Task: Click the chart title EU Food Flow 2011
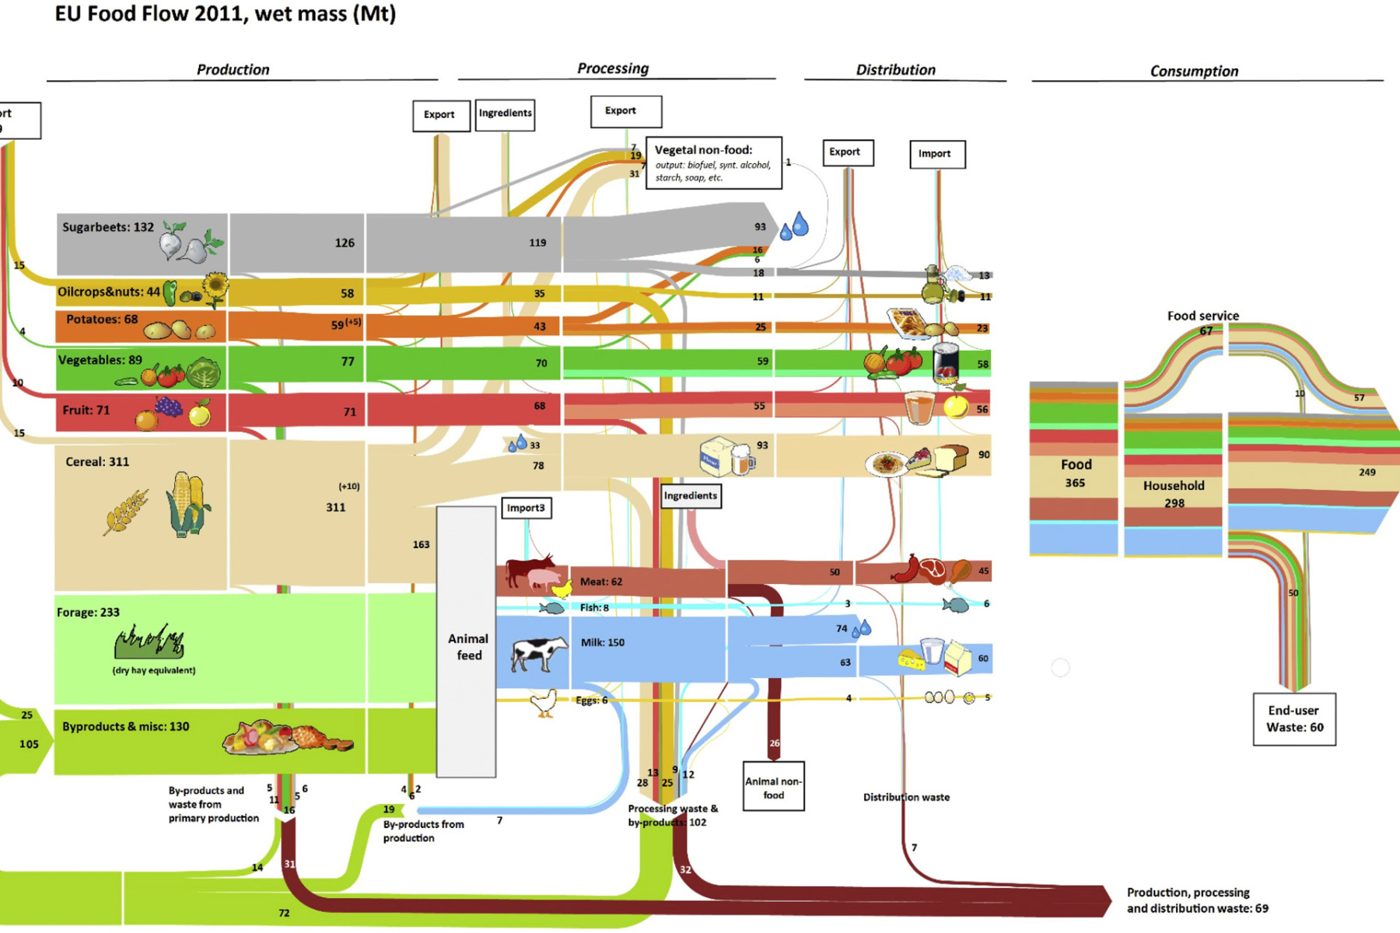[x=225, y=14]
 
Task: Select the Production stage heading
[x=233, y=69]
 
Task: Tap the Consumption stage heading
[x=1194, y=71]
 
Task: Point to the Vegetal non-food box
[x=713, y=162]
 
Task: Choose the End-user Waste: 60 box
[x=1294, y=719]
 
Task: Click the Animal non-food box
[x=773, y=787]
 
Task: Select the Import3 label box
[x=527, y=508]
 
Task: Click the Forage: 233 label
[x=88, y=612]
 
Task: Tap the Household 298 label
[x=1174, y=494]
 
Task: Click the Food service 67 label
[x=1203, y=322]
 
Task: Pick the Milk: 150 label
[x=603, y=642]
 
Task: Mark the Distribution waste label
[x=906, y=797]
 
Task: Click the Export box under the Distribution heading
[x=848, y=152]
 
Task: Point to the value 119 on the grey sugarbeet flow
[x=537, y=243]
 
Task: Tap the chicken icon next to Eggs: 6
[x=544, y=703]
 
